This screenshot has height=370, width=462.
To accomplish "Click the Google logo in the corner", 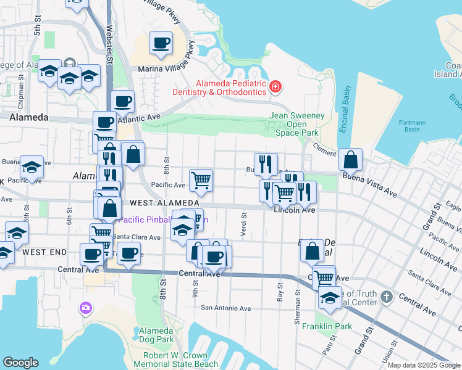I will (x=20, y=363).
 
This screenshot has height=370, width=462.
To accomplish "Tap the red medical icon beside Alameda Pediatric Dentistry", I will (x=275, y=88).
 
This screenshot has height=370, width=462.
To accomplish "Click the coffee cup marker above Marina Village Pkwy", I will (x=161, y=43).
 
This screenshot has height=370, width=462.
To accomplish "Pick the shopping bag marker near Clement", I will (x=350, y=160).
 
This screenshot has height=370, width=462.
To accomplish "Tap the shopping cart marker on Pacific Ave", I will (x=201, y=180).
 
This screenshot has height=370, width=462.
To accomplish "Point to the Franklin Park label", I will (x=327, y=326).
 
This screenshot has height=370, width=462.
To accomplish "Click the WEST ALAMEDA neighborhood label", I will (x=164, y=203).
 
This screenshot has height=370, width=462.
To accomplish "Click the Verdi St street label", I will (x=243, y=220).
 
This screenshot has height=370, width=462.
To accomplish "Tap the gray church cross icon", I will (x=387, y=297).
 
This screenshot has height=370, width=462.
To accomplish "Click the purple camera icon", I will (x=85, y=307).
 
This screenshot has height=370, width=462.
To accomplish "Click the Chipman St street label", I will (x=20, y=86).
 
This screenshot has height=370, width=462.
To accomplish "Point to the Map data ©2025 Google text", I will (x=423, y=365).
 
